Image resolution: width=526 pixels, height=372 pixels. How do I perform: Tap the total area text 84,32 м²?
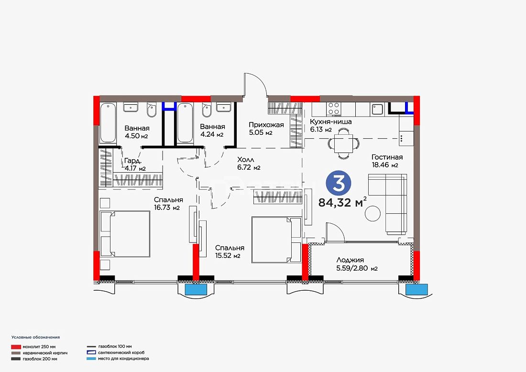point(342,202)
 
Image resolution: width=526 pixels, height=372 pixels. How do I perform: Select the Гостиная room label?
point(387,157)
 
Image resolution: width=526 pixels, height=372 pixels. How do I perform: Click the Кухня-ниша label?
point(330,122)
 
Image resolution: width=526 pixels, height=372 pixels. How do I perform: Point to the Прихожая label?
point(266,125)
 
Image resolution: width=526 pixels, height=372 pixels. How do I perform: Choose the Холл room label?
point(246,159)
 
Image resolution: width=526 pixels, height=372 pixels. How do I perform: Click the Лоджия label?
point(350,260)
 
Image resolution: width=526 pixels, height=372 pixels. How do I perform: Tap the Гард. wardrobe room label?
point(132,161)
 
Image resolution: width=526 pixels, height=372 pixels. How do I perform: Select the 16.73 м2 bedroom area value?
point(167,208)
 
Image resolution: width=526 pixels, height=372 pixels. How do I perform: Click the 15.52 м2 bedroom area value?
point(228,256)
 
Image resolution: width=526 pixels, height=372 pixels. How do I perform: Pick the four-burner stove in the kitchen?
point(334,109)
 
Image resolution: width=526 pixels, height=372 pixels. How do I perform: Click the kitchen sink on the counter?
point(377,109)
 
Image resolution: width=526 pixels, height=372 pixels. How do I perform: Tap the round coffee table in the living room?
point(373,213)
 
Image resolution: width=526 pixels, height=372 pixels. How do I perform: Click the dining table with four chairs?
point(343,144)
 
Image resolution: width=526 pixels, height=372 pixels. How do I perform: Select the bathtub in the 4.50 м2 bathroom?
point(108,123)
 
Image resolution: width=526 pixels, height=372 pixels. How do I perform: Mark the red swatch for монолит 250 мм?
point(16,347)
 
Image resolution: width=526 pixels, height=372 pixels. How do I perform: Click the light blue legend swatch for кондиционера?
point(91,359)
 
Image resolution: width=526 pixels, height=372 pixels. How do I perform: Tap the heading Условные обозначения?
point(35,337)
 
